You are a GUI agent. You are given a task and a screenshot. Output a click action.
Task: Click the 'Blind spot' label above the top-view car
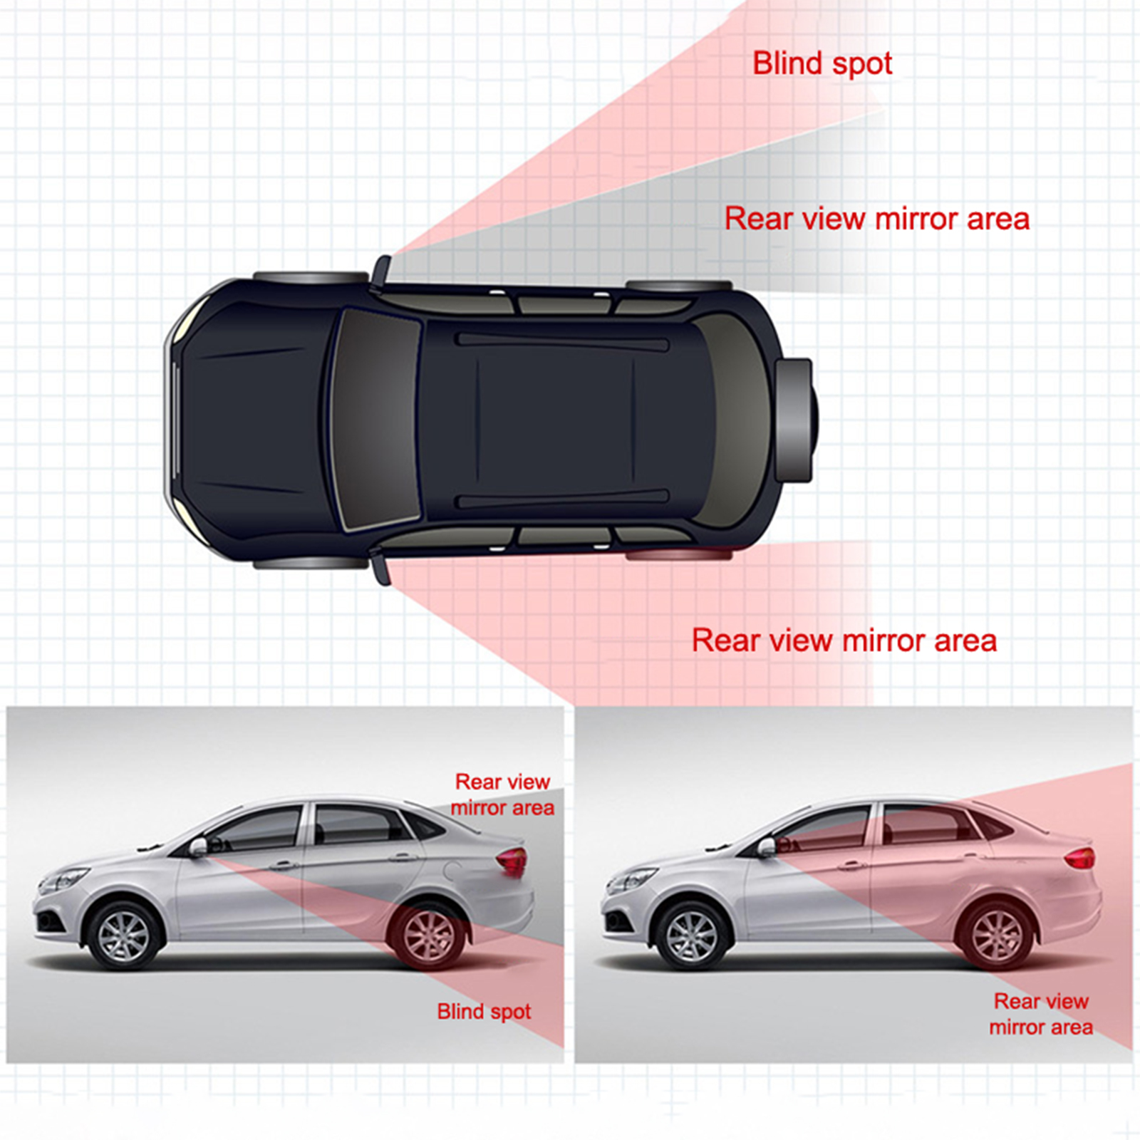pos(822,63)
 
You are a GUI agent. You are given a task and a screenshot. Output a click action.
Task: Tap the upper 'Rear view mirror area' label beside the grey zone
pos(877,219)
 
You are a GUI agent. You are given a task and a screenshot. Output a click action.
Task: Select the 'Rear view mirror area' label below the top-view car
pos(844,641)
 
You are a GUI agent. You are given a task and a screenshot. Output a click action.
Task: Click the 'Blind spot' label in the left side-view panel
pos(484,1012)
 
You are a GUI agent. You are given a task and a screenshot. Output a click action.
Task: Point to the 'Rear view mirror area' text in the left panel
pos(502,794)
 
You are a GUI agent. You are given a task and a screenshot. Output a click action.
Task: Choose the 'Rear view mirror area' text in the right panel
pos(1041,1014)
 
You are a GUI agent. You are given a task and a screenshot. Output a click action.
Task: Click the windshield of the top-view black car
pos(375,420)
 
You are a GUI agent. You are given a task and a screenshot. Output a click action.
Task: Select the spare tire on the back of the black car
pos(796,420)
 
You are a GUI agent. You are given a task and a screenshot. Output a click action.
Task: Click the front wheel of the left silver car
pos(124,935)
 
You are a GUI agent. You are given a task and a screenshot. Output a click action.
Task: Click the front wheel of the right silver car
pos(691,936)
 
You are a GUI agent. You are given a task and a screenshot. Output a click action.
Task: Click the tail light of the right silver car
pos(1080,858)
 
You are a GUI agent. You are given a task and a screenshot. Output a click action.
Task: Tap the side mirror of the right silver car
pos(766,847)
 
